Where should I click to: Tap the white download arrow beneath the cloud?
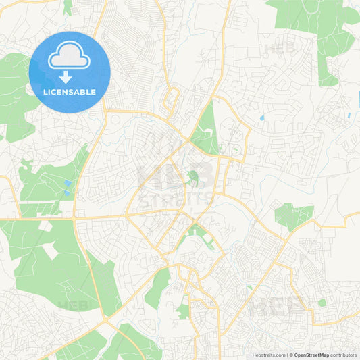70,77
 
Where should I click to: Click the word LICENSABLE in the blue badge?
70,91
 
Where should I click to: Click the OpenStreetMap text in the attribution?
311,355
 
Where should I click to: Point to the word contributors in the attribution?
343,355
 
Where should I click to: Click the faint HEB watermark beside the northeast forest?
280,49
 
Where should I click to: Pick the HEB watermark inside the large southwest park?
72,305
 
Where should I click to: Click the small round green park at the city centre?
193,178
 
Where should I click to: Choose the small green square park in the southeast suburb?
322,303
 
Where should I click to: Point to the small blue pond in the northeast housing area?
262,118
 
